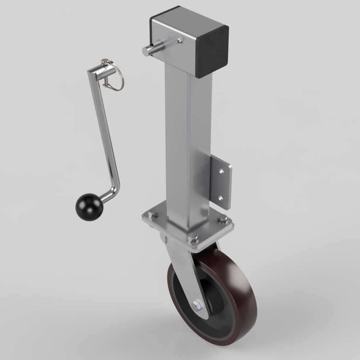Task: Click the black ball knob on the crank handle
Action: point(89,207)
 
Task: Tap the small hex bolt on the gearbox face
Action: point(179,41)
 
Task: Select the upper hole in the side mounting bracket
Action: point(221,171)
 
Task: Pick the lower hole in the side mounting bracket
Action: point(221,197)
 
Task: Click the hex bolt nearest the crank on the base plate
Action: point(153,214)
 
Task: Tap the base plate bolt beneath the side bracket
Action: point(222,218)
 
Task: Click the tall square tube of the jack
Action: point(187,144)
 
